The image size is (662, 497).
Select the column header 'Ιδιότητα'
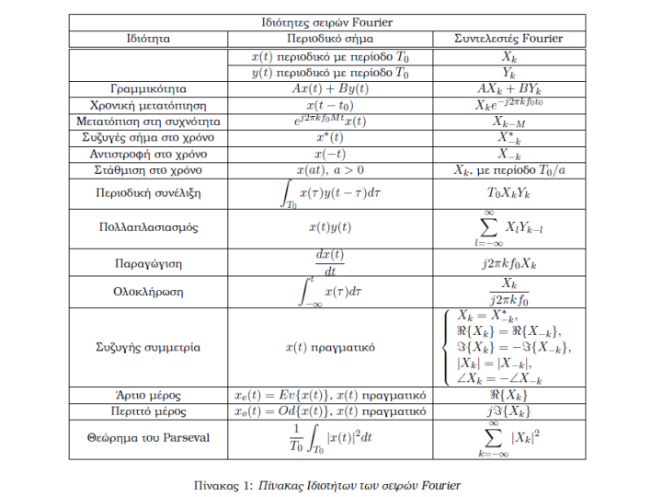148,40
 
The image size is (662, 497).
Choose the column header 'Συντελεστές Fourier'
508,40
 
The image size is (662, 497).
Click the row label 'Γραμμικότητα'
148,89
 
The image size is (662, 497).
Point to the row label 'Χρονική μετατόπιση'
148,106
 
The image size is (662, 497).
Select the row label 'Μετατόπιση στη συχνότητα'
148,121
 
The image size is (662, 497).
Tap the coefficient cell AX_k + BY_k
508,89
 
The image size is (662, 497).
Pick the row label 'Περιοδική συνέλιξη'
148,194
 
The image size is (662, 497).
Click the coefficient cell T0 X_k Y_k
508,194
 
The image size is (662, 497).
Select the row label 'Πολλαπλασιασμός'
148,226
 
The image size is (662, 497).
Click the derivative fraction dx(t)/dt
330,262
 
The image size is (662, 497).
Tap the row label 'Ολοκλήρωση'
148,292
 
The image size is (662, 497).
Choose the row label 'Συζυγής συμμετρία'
148,348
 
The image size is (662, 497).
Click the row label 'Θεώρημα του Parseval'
148,436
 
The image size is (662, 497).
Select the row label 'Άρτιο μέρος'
148,395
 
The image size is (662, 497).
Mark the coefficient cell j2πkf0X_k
508,263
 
